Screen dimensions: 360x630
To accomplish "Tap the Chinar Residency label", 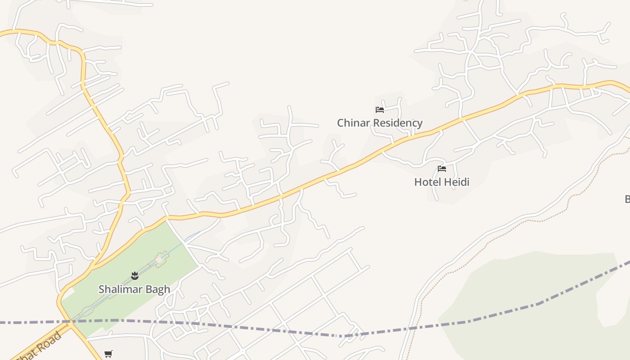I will click(x=380, y=123).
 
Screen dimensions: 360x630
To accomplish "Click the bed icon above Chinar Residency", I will click(x=380, y=109).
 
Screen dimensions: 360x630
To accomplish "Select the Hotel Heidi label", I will click(x=441, y=182).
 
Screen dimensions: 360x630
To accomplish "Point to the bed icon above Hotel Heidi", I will click(x=442, y=169).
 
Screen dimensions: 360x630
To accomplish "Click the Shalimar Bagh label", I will click(x=134, y=289).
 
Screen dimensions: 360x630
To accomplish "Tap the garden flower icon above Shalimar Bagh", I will click(x=134, y=275).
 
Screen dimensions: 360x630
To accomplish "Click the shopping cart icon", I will click(x=108, y=354).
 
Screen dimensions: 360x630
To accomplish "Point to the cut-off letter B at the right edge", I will click(x=627, y=199).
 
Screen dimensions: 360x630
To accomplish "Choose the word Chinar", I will click(x=352, y=123).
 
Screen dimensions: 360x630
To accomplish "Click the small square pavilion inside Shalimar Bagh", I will click(x=158, y=260).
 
